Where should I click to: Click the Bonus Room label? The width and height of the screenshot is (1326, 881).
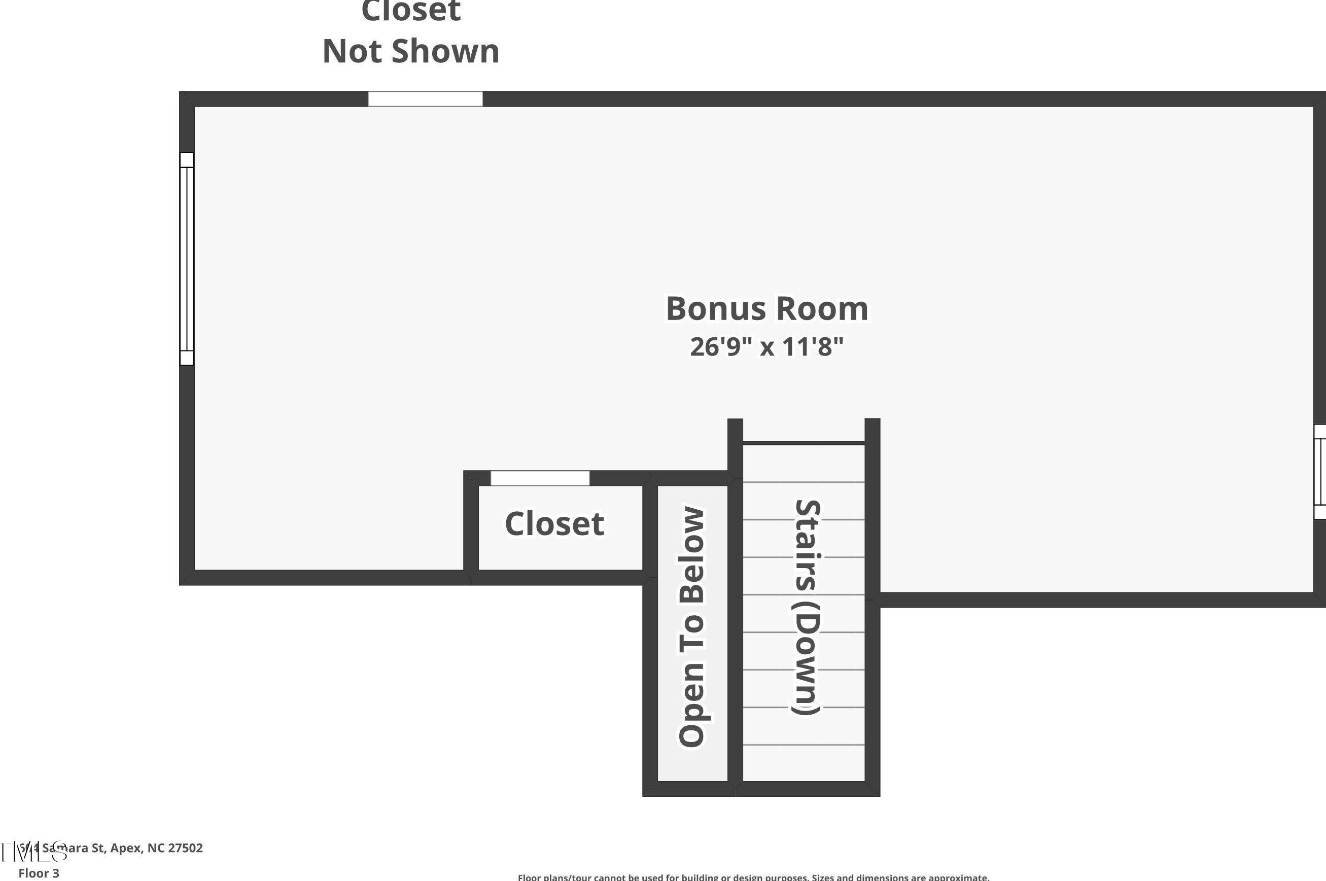pyautogui.click(x=767, y=309)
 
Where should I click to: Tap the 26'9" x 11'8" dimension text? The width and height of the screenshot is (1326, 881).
pyautogui.click(x=767, y=347)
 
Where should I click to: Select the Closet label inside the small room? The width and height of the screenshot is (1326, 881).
pyautogui.click(x=554, y=523)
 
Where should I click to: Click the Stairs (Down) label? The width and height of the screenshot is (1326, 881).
pyautogui.click(x=808, y=607)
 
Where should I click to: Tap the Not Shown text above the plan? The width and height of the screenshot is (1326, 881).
pyautogui.click(x=411, y=51)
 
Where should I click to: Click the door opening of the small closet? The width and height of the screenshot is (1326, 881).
pyautogui.click(x=540, y=478)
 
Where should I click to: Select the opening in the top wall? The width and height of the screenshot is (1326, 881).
pyautogui.click(x=425, y=99)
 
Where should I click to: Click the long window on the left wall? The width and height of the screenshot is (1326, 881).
pyautogui.click(x=187, y=259)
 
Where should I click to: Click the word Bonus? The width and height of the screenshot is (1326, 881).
pyautogui.click(x=709, y=309)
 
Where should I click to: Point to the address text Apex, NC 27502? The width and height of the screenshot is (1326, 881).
pyautogui.click(x=156, y=848)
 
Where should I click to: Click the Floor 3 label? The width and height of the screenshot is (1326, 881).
pyautogui.click(x=39, y=873)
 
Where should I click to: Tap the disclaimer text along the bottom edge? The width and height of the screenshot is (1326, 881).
pyautogui.click(x=753, y=877)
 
